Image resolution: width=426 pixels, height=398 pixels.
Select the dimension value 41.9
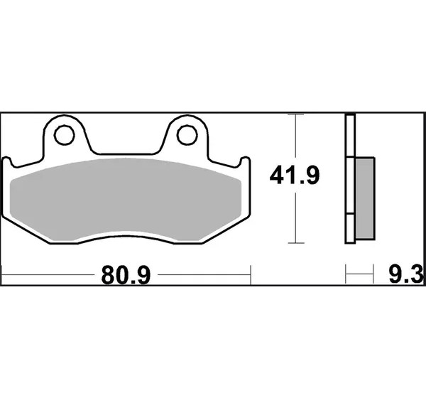pyautogui.click(x=295, y=176)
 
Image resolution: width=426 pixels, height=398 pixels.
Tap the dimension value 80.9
pyautogui.click(x=126, y=275)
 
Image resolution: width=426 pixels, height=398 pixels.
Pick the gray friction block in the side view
pyautogui.click(x=365, y=198)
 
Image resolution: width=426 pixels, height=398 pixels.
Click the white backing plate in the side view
pyautogui.click(x=350, y=178)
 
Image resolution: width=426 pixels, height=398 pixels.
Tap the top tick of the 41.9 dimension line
pyautogui.click(x=295, y=114)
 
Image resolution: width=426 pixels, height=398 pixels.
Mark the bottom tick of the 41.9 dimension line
pyautogui.click(x=296, y=243)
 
